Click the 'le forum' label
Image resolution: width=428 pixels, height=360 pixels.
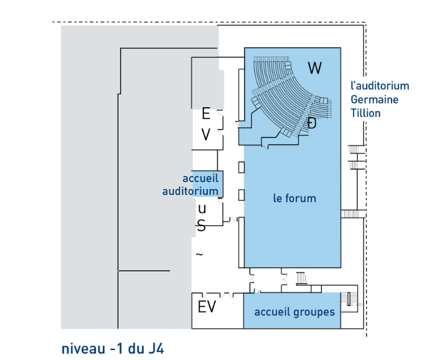click(x=295, y=198)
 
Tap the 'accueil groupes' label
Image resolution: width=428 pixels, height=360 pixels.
click(x=295, y=312)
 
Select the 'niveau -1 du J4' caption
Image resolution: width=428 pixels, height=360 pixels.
click(x=113, y=349)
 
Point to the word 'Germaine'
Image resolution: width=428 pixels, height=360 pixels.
click(x=375, y=100)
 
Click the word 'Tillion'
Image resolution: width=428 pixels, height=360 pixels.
click(x=365, y=113)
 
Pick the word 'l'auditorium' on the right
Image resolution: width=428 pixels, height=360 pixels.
click(x=380, y=86)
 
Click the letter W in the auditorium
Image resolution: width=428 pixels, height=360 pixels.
click(x=314, y=68)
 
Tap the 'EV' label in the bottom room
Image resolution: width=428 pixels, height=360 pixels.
click(x=207, y=307)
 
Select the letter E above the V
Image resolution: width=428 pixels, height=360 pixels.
click(x=206, y=113)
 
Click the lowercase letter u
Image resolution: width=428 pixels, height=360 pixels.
click(x=202, y=209)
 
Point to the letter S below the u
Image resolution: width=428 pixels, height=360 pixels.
click(x=201, y=226)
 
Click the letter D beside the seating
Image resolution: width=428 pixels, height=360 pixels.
click(x=311, y=123)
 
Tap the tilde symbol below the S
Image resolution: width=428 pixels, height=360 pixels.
click(x=200, y=255)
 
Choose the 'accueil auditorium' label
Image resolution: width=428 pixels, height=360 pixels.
click(x=190, y=185)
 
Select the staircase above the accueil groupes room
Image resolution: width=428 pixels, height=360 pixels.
click(x=301, y=278)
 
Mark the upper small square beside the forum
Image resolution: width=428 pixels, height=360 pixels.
click(x=241, y=167)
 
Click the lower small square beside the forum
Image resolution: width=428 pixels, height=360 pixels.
click(x=241, y=195)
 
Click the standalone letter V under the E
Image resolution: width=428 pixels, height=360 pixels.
click(x=206, y=134)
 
